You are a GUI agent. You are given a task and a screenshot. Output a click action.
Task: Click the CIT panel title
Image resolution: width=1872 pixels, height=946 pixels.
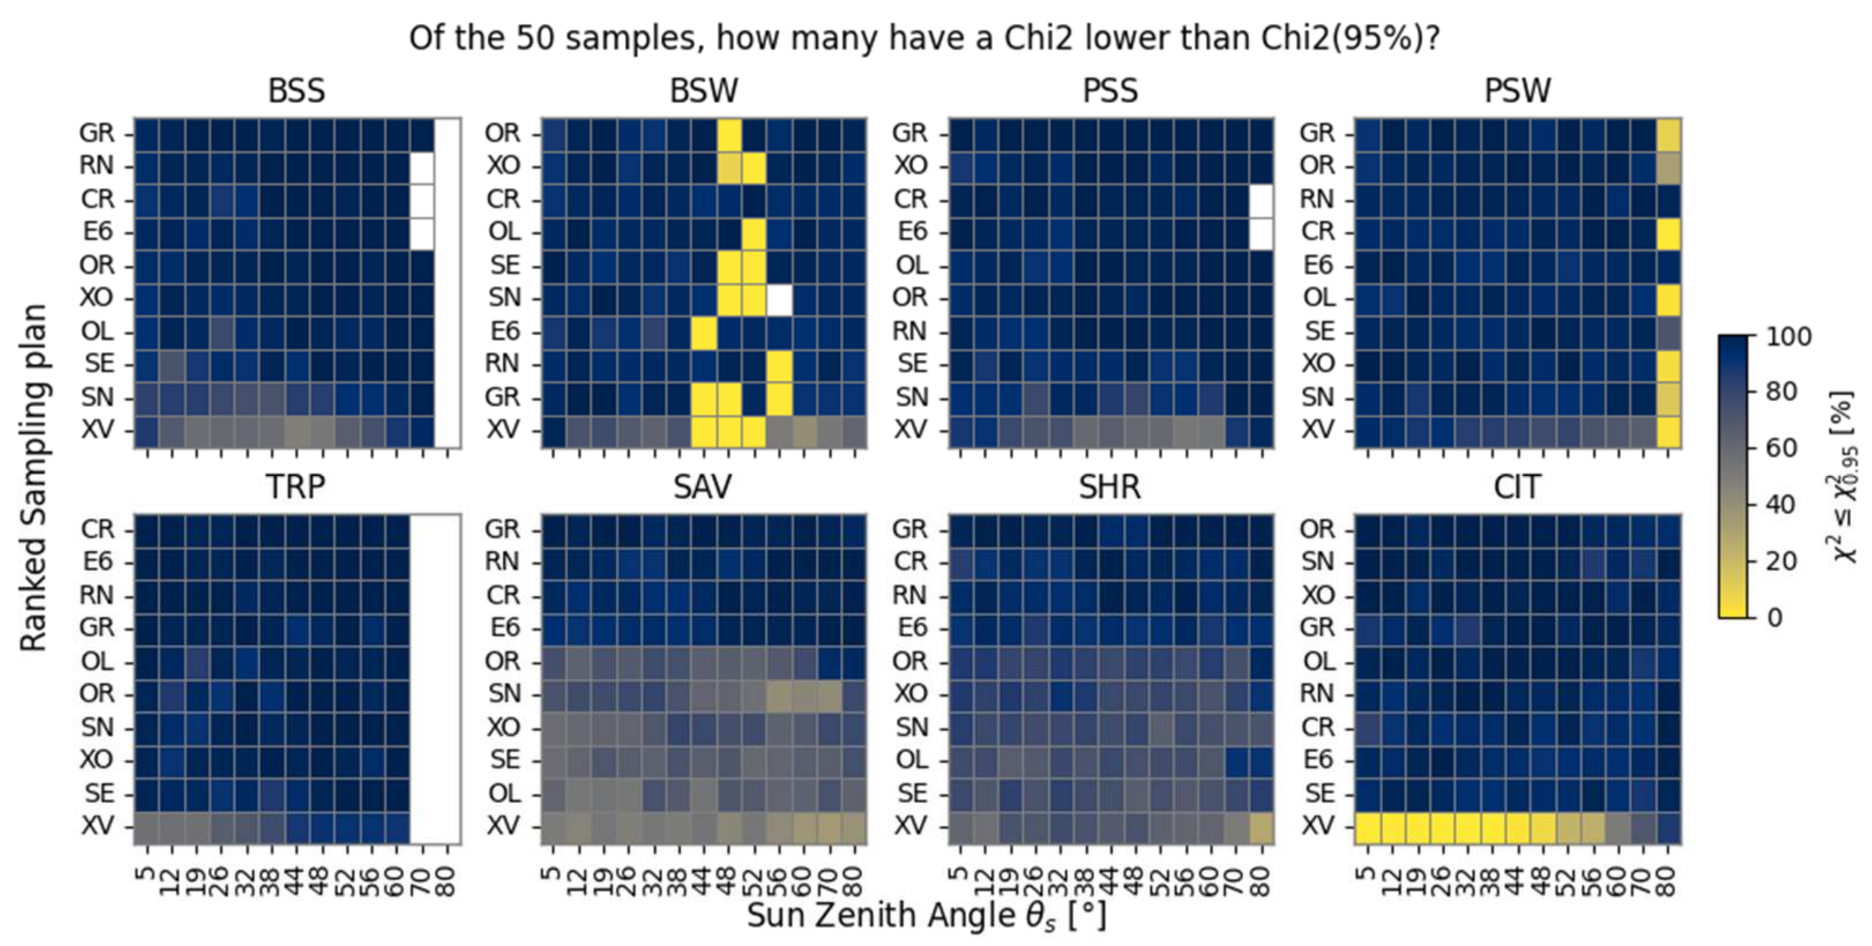click(x=1517, y=487)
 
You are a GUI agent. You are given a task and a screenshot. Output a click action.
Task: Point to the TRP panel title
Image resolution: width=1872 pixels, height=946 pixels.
click(x=295, y=487)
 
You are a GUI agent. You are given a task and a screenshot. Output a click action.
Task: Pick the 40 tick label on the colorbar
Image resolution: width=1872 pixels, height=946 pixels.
click(x=1780, y=505)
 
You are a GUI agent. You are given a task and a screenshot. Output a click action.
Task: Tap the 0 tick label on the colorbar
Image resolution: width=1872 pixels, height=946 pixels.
click(x=1774, y=617)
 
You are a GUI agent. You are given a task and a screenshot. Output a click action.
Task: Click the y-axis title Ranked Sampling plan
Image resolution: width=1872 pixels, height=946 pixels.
click(x=33, y=478)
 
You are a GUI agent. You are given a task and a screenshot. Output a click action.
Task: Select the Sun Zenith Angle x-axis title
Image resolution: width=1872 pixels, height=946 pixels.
click(x=927, y=915)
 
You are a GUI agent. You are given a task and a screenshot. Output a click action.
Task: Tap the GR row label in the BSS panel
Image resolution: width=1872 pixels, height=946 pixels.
click(x=96, y=133)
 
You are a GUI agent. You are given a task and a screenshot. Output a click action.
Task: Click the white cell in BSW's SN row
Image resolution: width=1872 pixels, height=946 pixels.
click(x=779, y=299)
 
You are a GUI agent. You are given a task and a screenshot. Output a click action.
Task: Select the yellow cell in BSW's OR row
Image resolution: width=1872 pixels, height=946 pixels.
click(x=729, y=133)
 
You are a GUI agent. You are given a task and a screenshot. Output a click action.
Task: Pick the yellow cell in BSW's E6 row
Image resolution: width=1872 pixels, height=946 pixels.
click(x=703, y=332)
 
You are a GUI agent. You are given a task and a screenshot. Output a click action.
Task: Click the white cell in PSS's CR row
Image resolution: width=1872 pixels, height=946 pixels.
click(x=1262, y=200)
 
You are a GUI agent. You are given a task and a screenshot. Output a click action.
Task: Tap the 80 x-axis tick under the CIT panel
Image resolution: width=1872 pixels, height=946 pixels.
click(x=1669, y=881)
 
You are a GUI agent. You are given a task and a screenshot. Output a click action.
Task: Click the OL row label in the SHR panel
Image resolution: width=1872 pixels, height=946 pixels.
click(x=911, y=760)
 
